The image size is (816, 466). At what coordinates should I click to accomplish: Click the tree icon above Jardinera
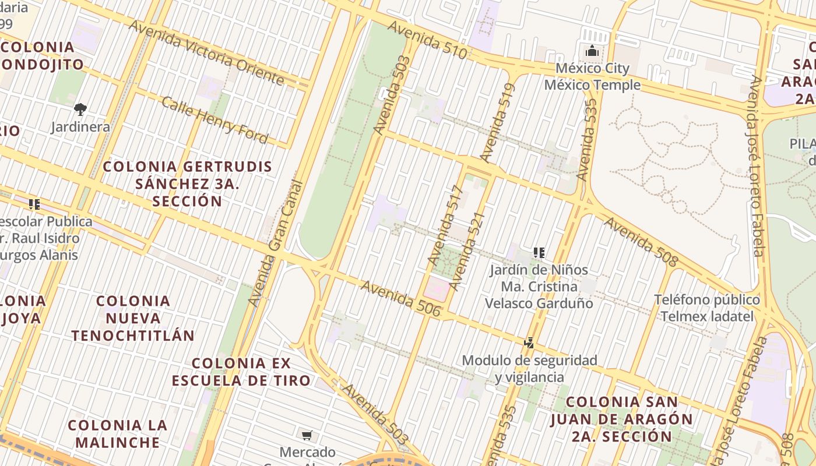tap(80, 109)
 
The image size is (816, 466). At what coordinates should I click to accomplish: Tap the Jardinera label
tap(80, 126)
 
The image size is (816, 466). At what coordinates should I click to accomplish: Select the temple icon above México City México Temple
tap(592, 51)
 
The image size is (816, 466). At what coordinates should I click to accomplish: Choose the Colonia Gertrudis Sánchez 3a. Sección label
tap(187, 184)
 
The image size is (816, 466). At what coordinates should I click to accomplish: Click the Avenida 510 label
tap(427, 40)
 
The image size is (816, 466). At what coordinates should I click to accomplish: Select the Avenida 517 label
tap(445, 225)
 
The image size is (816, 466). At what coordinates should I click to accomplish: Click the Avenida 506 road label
tap(401, 299)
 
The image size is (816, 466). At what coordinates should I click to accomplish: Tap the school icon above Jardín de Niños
tap(539, 253)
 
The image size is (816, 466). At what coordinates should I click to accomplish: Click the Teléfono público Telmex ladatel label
tap(706, 308)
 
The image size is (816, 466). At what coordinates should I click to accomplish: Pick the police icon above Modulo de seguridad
tap(529, 343)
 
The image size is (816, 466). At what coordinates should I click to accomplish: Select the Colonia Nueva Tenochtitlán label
tap(133, 318)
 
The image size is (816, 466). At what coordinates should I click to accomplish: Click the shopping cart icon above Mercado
tap(307, 435)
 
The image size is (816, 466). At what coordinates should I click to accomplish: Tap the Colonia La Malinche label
tap(117, 433)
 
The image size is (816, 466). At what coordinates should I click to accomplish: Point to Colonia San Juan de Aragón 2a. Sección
tap(622, 419)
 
